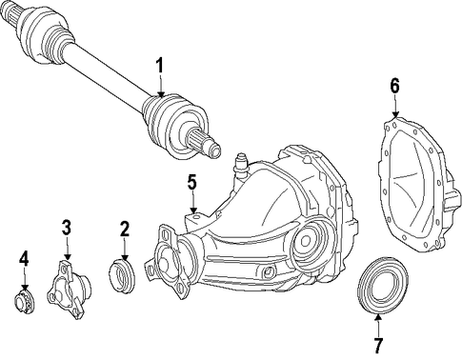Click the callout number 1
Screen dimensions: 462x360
(x=159, y=66)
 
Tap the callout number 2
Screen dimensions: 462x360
(x=124, y=230)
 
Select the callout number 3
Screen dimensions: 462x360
(x=67, y=227)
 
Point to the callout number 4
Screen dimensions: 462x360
(x=24, y=258)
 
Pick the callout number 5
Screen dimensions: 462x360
(x=191, y=183)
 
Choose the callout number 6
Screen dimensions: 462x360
(x=394, y=86)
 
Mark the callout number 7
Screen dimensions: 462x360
(x=378, y=346)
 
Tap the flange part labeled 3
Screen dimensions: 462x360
(x=69, y=289)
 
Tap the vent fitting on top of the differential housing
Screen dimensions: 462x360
(x=241, y=166)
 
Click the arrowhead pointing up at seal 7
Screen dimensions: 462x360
(x=378, y=318)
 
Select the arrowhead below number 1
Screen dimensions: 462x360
(x=161, y=93)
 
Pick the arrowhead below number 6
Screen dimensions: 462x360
(x=395, y=114)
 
